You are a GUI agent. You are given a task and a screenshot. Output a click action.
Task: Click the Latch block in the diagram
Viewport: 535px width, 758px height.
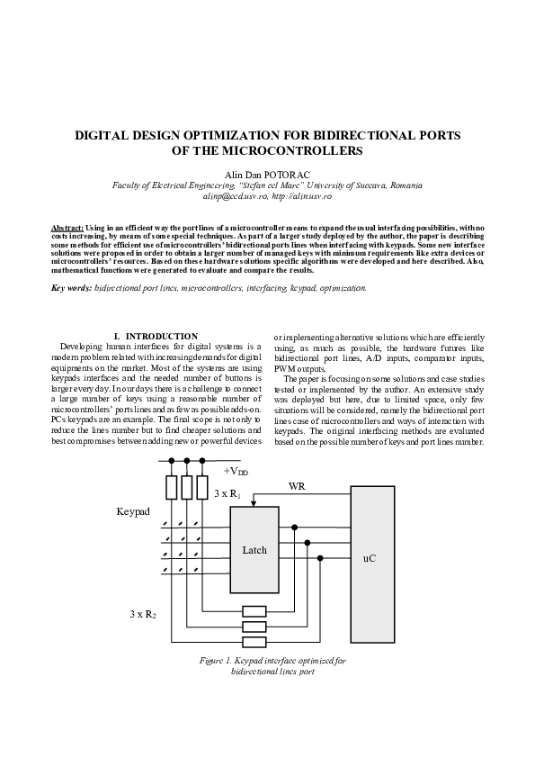tap(254, 549)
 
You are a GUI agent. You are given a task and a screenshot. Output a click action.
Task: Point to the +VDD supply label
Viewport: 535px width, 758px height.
tap(236, 471)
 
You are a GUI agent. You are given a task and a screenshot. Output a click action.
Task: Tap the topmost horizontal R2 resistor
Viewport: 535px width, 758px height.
tap(255, 610)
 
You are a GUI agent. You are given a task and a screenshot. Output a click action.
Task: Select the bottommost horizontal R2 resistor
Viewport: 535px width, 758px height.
tap(255, 642)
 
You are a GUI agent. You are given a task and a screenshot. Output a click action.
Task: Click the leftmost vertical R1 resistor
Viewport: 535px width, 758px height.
tap(172, 487)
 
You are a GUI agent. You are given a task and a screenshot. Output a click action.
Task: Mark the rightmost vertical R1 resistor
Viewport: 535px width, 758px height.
tap(202, 487)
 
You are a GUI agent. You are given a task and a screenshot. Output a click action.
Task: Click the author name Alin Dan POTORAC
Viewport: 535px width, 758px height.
tap(267, 174)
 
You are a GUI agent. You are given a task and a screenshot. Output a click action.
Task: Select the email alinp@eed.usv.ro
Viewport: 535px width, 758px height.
tap(232, 195)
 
